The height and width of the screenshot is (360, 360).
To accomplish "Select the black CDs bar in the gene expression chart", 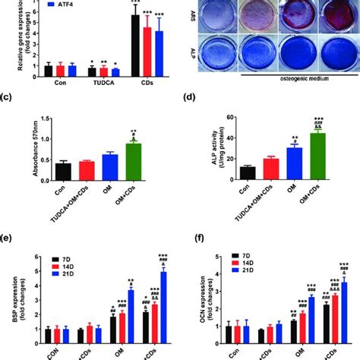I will [x=135, y=46].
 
